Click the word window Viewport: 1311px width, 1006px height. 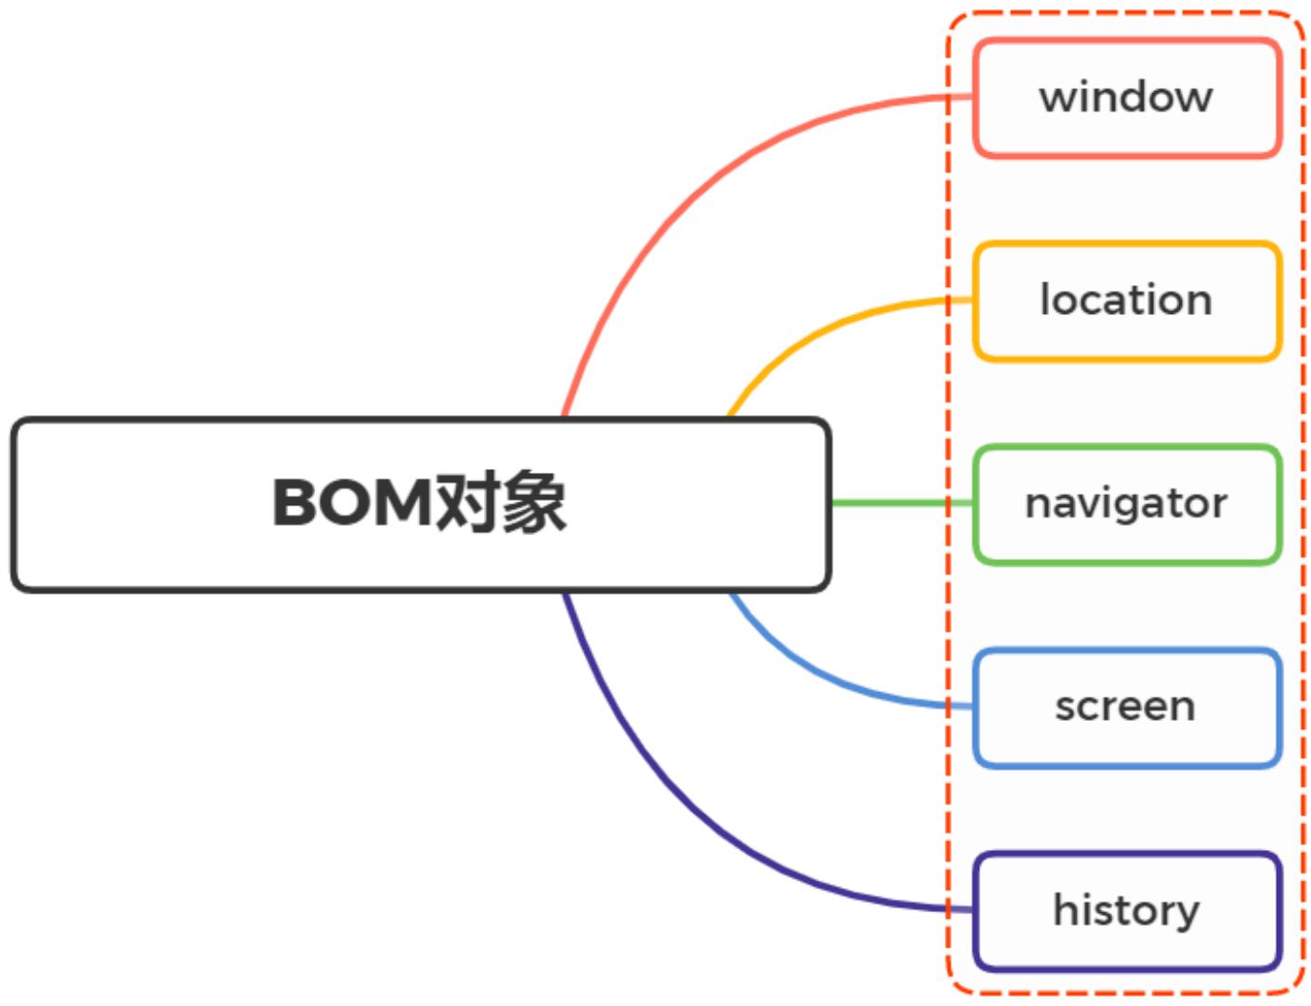1126,97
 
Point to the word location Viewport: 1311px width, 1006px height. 1126,300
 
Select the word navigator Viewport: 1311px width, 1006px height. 1126,503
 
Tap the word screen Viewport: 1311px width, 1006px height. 1125,707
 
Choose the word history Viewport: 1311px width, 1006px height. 1126,910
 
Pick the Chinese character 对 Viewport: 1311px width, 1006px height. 467,503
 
